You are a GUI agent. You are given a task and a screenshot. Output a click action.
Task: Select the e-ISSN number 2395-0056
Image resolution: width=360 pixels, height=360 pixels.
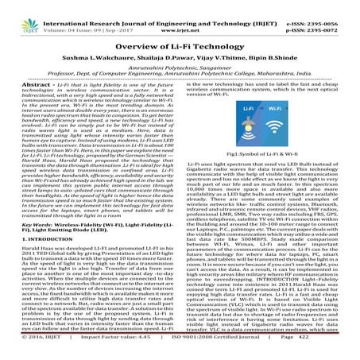click(x=331, y=6)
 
